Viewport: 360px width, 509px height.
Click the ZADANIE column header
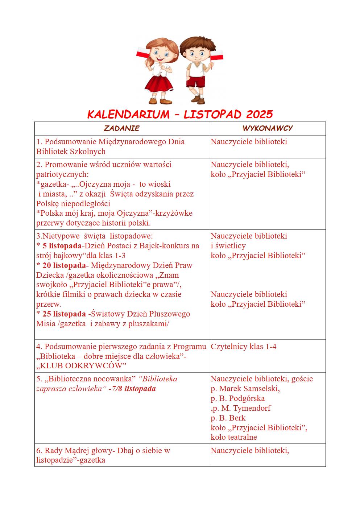pyautogui.click(x=121, y=128)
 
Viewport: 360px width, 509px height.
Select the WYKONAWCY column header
pyautogui.click(x=267, y=128)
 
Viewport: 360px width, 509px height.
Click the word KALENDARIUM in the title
pyautogui.click(x=128, y=115)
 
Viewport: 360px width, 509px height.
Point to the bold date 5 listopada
pyautogui.click(x=62, y=246)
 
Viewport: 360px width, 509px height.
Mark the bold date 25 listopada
pyautogui.click(x=64, y=314)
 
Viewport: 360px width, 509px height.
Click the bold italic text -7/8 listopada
pyautogui.click(x=132, y=389)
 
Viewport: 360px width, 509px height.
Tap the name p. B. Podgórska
pyautogui.click(x=237, y=398)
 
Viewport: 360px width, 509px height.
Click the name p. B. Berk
pyautogui.click(x=228, y=418)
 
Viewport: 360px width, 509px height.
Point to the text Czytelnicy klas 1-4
pyautogui.click(x=243, y=347)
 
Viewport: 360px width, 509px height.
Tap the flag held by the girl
pyautogui.click(x=142, y=53)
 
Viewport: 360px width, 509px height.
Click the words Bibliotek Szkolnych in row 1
pyautogui.click(x=71, y=152)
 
